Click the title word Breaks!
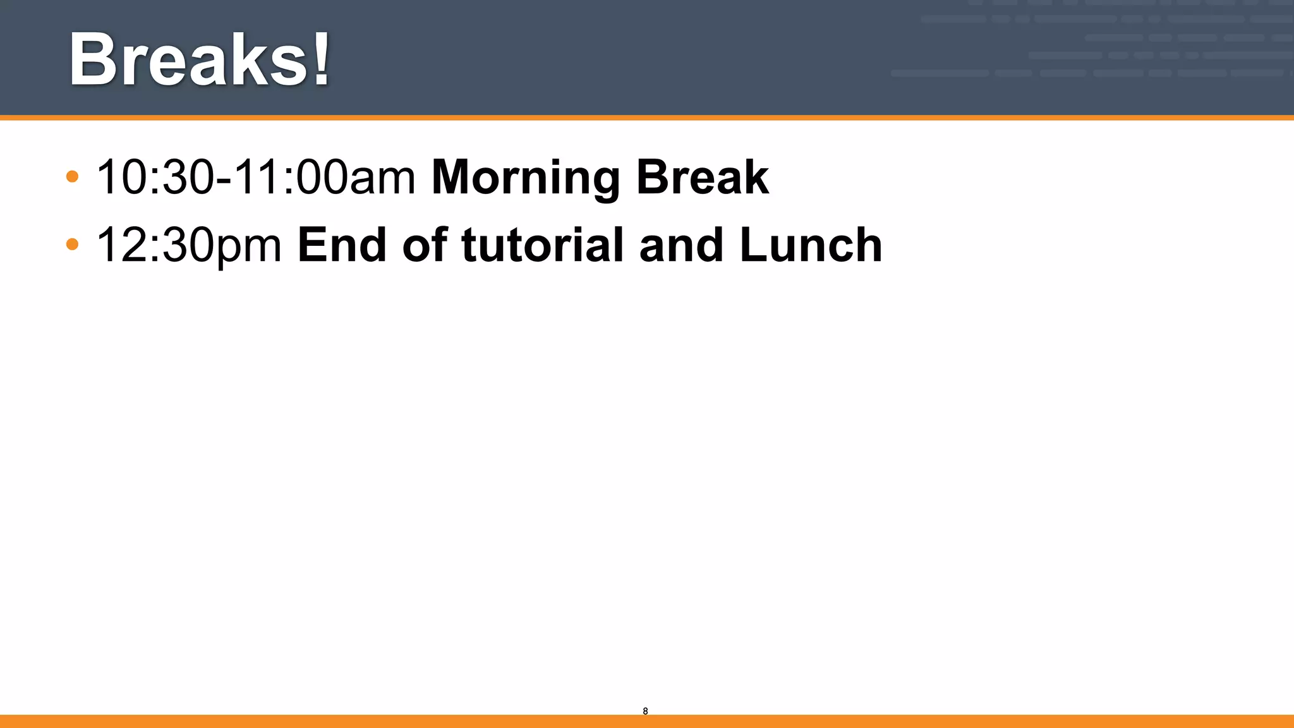tap(199, 60)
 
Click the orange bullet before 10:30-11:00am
tap(72, 176)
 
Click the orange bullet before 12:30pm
tap(72, 244)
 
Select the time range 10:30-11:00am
tap(255, 178)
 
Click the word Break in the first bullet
tap(702, 178)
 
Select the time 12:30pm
tap(188, 246)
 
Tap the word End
tap(341, 245)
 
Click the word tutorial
tap(542, 245)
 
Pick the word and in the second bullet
tap(681, 245)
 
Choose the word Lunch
tap(811, 245)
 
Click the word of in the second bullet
tap(425, 245)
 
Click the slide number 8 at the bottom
tap(645, 711)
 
